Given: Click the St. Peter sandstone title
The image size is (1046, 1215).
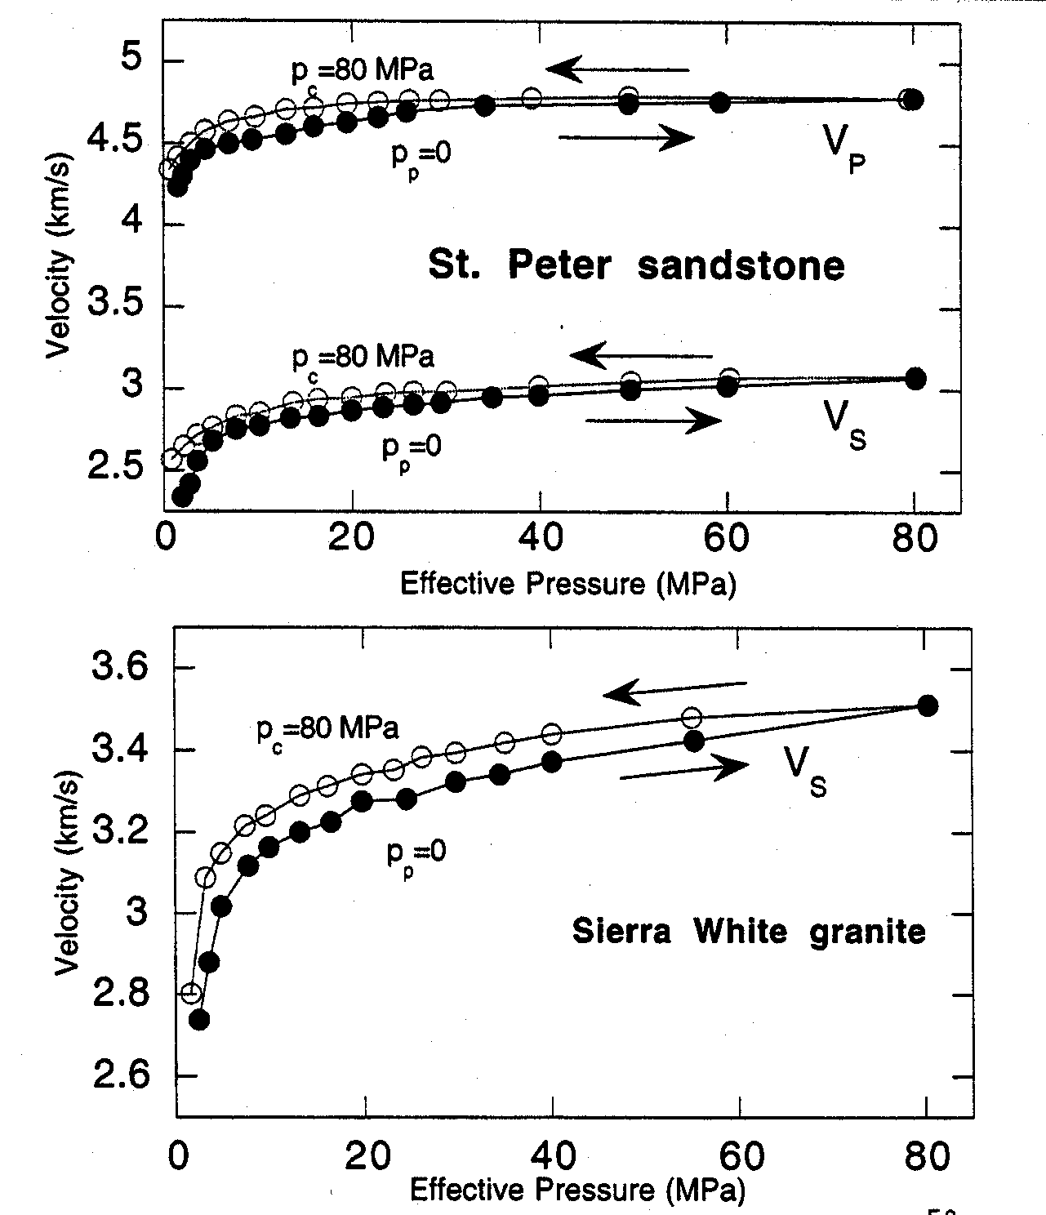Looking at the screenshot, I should click(x=636, y=265).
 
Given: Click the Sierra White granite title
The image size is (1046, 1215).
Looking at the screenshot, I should click(x=749, y=931).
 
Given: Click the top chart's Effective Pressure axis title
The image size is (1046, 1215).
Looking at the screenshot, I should click(x=568, y=584).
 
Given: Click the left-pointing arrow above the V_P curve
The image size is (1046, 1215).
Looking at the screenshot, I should click(x=617, y=69).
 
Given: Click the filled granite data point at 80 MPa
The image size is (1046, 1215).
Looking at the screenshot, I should click(x=927, y=705).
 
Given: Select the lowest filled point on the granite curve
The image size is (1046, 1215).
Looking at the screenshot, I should click(x=199, y=1019).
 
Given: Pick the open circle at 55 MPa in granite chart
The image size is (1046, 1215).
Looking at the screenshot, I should click(x=692, y=718).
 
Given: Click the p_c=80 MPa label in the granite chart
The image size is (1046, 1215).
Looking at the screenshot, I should click(x=327, y=729).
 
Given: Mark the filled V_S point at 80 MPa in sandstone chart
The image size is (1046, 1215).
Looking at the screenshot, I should click(x=915, y=378).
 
